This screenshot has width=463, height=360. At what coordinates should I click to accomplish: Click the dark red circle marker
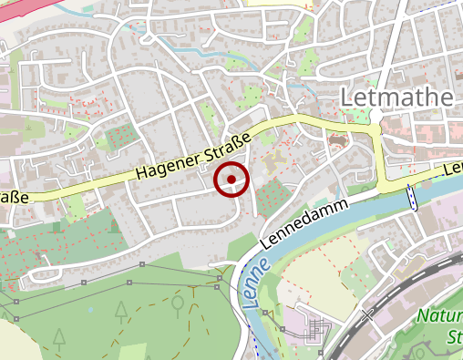(x=231, y=179)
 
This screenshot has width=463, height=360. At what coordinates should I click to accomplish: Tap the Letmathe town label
(x=396, y=98)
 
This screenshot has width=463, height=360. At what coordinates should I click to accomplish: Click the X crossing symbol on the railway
(x=368, y=316)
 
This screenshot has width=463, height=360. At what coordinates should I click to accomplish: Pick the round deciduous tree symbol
(x=178, y=300)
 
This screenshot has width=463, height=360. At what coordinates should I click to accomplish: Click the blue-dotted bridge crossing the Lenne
(x=412, y=196)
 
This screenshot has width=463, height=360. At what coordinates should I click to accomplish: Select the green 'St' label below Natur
(x=455, y=339)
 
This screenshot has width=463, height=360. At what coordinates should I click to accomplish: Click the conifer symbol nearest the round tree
(x=121, y=312)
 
